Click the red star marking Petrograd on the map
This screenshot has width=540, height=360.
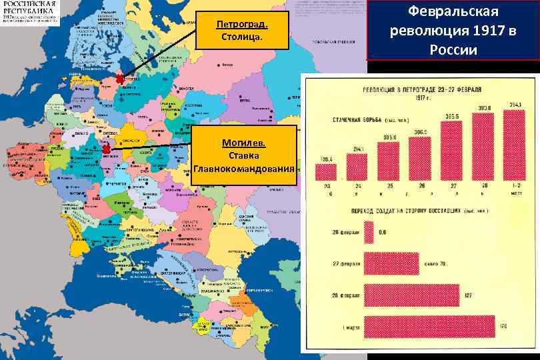pyautogui.click(x=120, y=79)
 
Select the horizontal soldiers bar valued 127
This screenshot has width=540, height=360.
pyautogui.click(x=411, y=295)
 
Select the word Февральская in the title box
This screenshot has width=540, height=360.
pyautogui.click(x=453, y=13)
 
